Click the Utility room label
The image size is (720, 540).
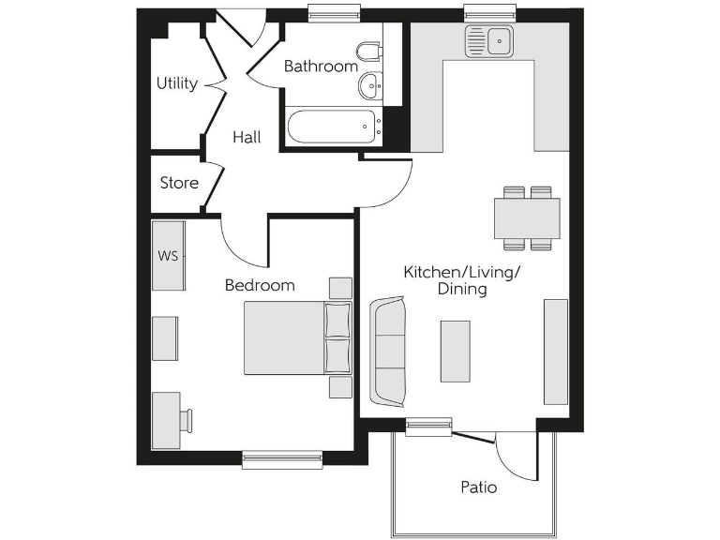tap(176, 83)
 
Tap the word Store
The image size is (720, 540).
tap(178, 182)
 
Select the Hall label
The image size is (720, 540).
tap(247, 137)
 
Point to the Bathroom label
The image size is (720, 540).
tap(321, 67)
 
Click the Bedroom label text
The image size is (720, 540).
tap(260, 285)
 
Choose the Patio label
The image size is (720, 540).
tap(478, 487)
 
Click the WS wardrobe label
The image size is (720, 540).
tap(167, 255)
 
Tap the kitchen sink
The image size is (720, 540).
tap(489, 40)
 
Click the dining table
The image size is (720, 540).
tap(527, 218)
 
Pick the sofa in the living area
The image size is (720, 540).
tap(388, 349)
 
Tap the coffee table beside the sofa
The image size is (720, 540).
tap(455, 351)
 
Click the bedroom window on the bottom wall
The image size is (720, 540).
tap(281, 459)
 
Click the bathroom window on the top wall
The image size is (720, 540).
tap(334, 12)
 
